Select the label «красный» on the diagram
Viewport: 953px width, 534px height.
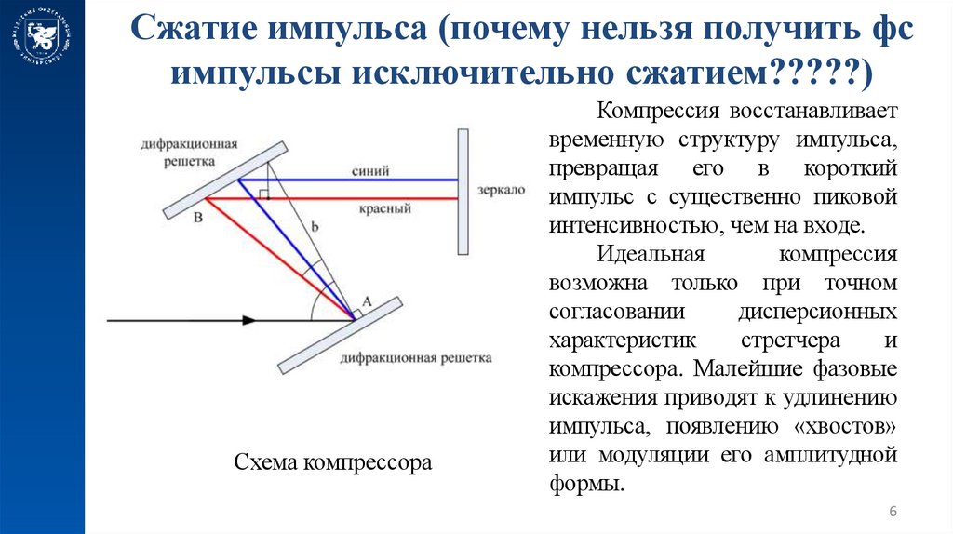pyautogui.click(x=384, y=208)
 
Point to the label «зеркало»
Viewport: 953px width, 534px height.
pyautogui.click(x=499, y=189)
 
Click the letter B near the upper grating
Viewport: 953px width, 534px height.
pyautogui.click(x=196, y=218)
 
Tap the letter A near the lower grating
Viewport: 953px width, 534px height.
pyautogui.click(x=366, y=300)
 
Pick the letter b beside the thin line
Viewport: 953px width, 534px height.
pyautogui.click(x=314, y=224)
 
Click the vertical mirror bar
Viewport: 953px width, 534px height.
pyautogui.click(x=463, y=192)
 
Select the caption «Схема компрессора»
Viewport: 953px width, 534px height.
pyautogui.click(x=333, y=461)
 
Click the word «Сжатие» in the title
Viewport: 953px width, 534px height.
pyautogui.click(x=192, y=32)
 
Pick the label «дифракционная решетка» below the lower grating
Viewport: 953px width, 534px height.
pyautogui.click(x=416, y=357)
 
